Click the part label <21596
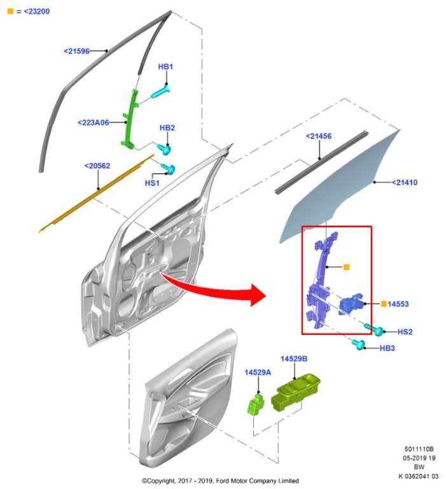pos(77,51)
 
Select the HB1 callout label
pos(166,67)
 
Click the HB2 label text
pos(167,128)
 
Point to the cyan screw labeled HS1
pos(169,169)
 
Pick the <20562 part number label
pos(97,166)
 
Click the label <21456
pos(318,136)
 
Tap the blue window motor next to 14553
pos(352,305)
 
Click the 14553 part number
pos(398,304)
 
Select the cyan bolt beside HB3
pos(360,345)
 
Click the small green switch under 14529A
pos(256,403)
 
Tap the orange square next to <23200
pos(9,11)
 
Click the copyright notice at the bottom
pos(220,481)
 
